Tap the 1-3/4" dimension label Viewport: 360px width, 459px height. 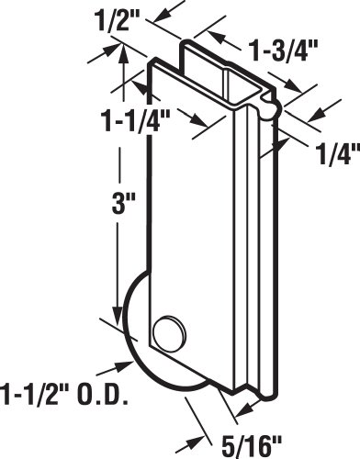coord(283,50)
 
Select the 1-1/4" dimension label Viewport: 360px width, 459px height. coord(137,120)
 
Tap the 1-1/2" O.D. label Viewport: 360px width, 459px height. coord(63,393)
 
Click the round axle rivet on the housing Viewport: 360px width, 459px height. coord(169,330)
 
